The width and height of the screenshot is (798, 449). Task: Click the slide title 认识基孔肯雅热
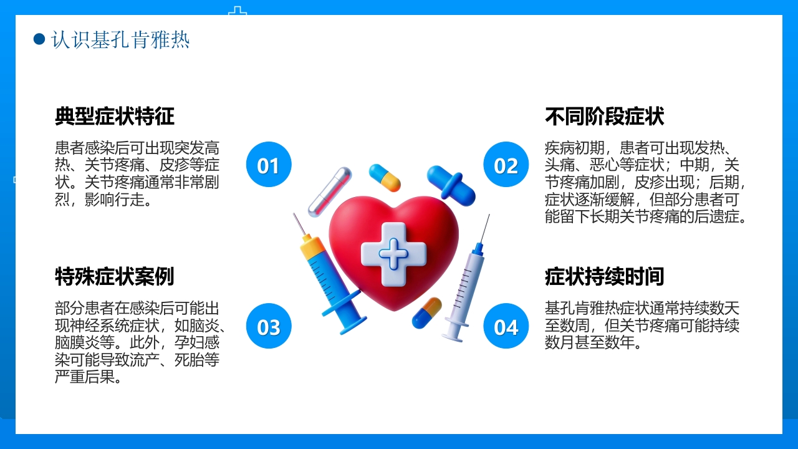click(x=120, y=40)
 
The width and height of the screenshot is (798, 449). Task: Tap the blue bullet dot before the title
click(x=39, y=39)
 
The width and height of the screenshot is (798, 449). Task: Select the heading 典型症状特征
click(x=115, y=116)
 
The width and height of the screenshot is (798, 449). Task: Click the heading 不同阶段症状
click(x=605, y=116)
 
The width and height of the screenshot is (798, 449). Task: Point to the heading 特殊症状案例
click(x=115, y=276)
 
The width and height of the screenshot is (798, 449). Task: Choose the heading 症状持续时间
click(x=605, y=276)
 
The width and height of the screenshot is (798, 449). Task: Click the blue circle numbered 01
click(x=269, y=165)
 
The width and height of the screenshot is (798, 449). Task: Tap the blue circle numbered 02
click(x=506, y=165)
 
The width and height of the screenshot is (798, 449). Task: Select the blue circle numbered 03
click(x=269, y=326)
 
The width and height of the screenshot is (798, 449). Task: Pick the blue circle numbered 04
click(x=506, y=326)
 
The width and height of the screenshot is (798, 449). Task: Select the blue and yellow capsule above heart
click(x=385, y=177)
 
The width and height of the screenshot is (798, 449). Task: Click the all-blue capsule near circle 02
click(x=451, y=184)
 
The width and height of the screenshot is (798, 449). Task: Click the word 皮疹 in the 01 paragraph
click(x=175, y=165)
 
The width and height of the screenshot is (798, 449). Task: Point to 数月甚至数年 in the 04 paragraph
click(x=592, y=343)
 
